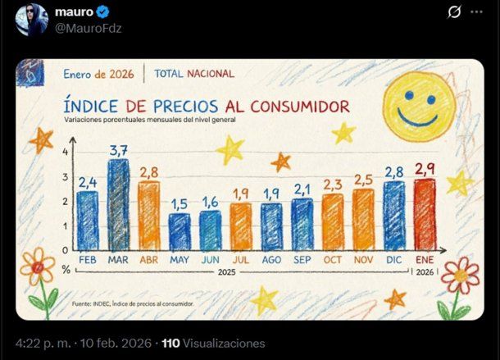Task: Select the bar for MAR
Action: (x=118, y=205)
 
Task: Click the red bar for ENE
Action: (x=424, y=214)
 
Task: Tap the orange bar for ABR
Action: (x=148, y=216)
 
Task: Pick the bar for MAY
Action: (x=180, y=231)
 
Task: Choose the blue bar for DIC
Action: (x=393, y=215)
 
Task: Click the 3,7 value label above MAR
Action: (x=118, y=150)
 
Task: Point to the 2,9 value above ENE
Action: (x=424, y=169)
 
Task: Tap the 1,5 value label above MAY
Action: (x=180, y=203)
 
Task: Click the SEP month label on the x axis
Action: (x=302, y=260)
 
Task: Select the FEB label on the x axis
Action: (x=87, y=260)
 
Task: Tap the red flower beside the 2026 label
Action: (x=460, y=277)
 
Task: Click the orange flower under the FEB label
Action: (x=38, y=267)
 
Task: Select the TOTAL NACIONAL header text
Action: (x=193, y=74)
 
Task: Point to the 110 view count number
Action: (x=170, y=344)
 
